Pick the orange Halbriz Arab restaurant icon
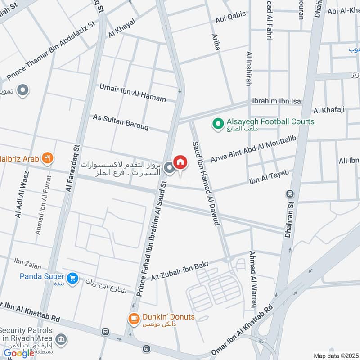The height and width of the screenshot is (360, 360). [x=47, y=157]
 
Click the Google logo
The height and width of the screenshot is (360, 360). [x=19, y=353]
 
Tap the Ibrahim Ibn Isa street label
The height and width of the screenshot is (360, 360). [x=276, y=101]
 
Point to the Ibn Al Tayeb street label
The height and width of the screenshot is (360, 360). [x=269, y=177]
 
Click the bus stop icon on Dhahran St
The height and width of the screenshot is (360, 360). [x=290, y=194]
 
